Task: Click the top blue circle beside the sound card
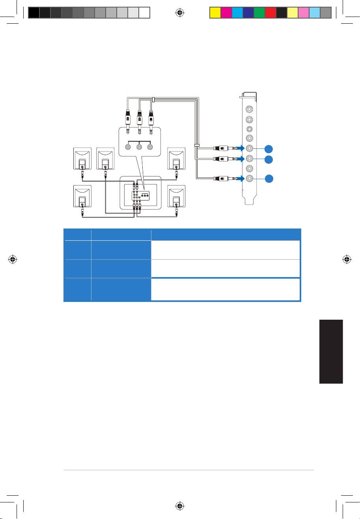269,148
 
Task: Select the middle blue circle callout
269,159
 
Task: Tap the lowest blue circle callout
269,178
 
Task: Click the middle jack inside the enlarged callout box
139,147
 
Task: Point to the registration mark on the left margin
13,260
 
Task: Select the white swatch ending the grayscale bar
144,13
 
